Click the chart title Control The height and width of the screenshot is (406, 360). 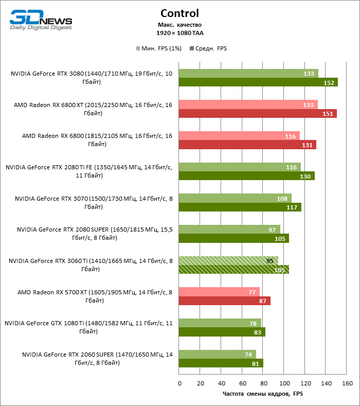pyautogui.click(x=179, y=13)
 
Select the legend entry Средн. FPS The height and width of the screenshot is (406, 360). pyautogui.click(x=208, y=48)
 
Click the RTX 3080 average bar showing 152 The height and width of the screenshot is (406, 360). pyautogui.click(x=258, y=82)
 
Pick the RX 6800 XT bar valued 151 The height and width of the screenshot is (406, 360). pyautogui.click(x=257, y=113)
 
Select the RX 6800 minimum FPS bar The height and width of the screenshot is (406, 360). pyautogui.click(x=239, y=136)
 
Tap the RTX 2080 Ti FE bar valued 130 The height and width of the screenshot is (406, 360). pyautogui.click(x=246, y=176)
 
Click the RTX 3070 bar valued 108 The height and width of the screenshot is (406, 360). pyautogui.click(x=235, y=198)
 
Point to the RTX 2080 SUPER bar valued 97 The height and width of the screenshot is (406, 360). pyautogui.click(x=229, y=230)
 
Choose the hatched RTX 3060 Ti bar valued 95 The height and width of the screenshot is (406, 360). pyautogui.click(x=228, y=260)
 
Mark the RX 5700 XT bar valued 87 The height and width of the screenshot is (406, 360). pyautogui.click(x=224, y=301)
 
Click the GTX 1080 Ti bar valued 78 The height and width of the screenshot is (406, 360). pyautogui.click(x=220, y=323)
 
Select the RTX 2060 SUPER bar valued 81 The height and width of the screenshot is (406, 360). pyautogui.click(x=221, y=363)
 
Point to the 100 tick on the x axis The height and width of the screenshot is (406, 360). pyautogui.click(x=284, y=383)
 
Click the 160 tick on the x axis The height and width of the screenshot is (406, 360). pyautogui.click(x=347, y=383)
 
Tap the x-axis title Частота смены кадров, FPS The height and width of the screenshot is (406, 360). pyautogui.click(x=262, y=394)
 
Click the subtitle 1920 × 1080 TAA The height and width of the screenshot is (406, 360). pyautogui.click(x=179, y=33)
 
